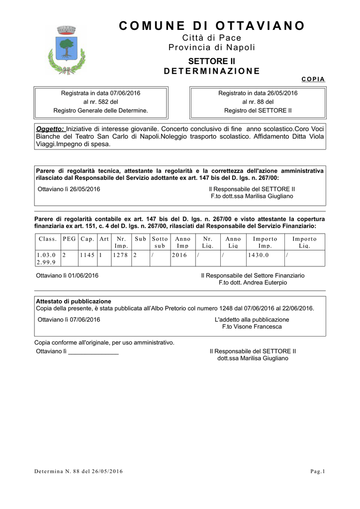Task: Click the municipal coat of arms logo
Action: [63, 50]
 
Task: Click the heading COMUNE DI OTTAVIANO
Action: [212, 26]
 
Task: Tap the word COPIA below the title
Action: [313, 80]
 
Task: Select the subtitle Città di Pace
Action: [212, 38]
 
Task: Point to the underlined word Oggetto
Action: [50, 129]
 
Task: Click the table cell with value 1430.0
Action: [258, 255]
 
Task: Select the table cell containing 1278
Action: [120, 255]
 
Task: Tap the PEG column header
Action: [70, 239]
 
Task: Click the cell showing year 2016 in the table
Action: [180, 255]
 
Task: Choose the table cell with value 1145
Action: [87, 255]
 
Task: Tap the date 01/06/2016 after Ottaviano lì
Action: [84, 275]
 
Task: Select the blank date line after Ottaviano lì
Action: [93, 352]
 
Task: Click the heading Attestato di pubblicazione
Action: [74, 301]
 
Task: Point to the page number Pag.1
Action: [317, 471]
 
